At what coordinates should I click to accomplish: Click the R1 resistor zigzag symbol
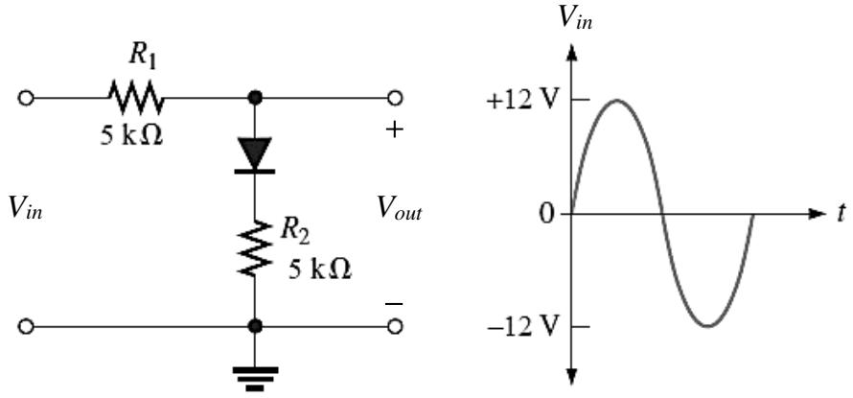tap(135, 98)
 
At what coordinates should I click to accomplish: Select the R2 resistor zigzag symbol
tap(255, 247)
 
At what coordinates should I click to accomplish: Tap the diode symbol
tap(255, 155)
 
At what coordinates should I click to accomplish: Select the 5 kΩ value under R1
tap(131, 135)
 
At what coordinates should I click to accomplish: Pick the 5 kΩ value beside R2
tap(320, 269)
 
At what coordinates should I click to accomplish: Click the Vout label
tap(400, 210)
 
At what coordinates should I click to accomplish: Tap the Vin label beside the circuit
tap(25, 210)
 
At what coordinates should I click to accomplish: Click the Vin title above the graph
tap(575, 18)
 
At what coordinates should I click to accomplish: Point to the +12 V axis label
tap(523, 101)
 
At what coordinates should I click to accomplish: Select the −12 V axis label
tap(523, 327)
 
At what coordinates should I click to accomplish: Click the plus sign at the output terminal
tap(396, 130)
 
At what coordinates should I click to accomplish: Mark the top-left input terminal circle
tap(26, 99)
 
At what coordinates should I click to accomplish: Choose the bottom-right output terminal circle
tap(396, 327)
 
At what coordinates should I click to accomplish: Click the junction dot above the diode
tap(255, 98)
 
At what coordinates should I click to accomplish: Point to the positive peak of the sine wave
tap(617, 100)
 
